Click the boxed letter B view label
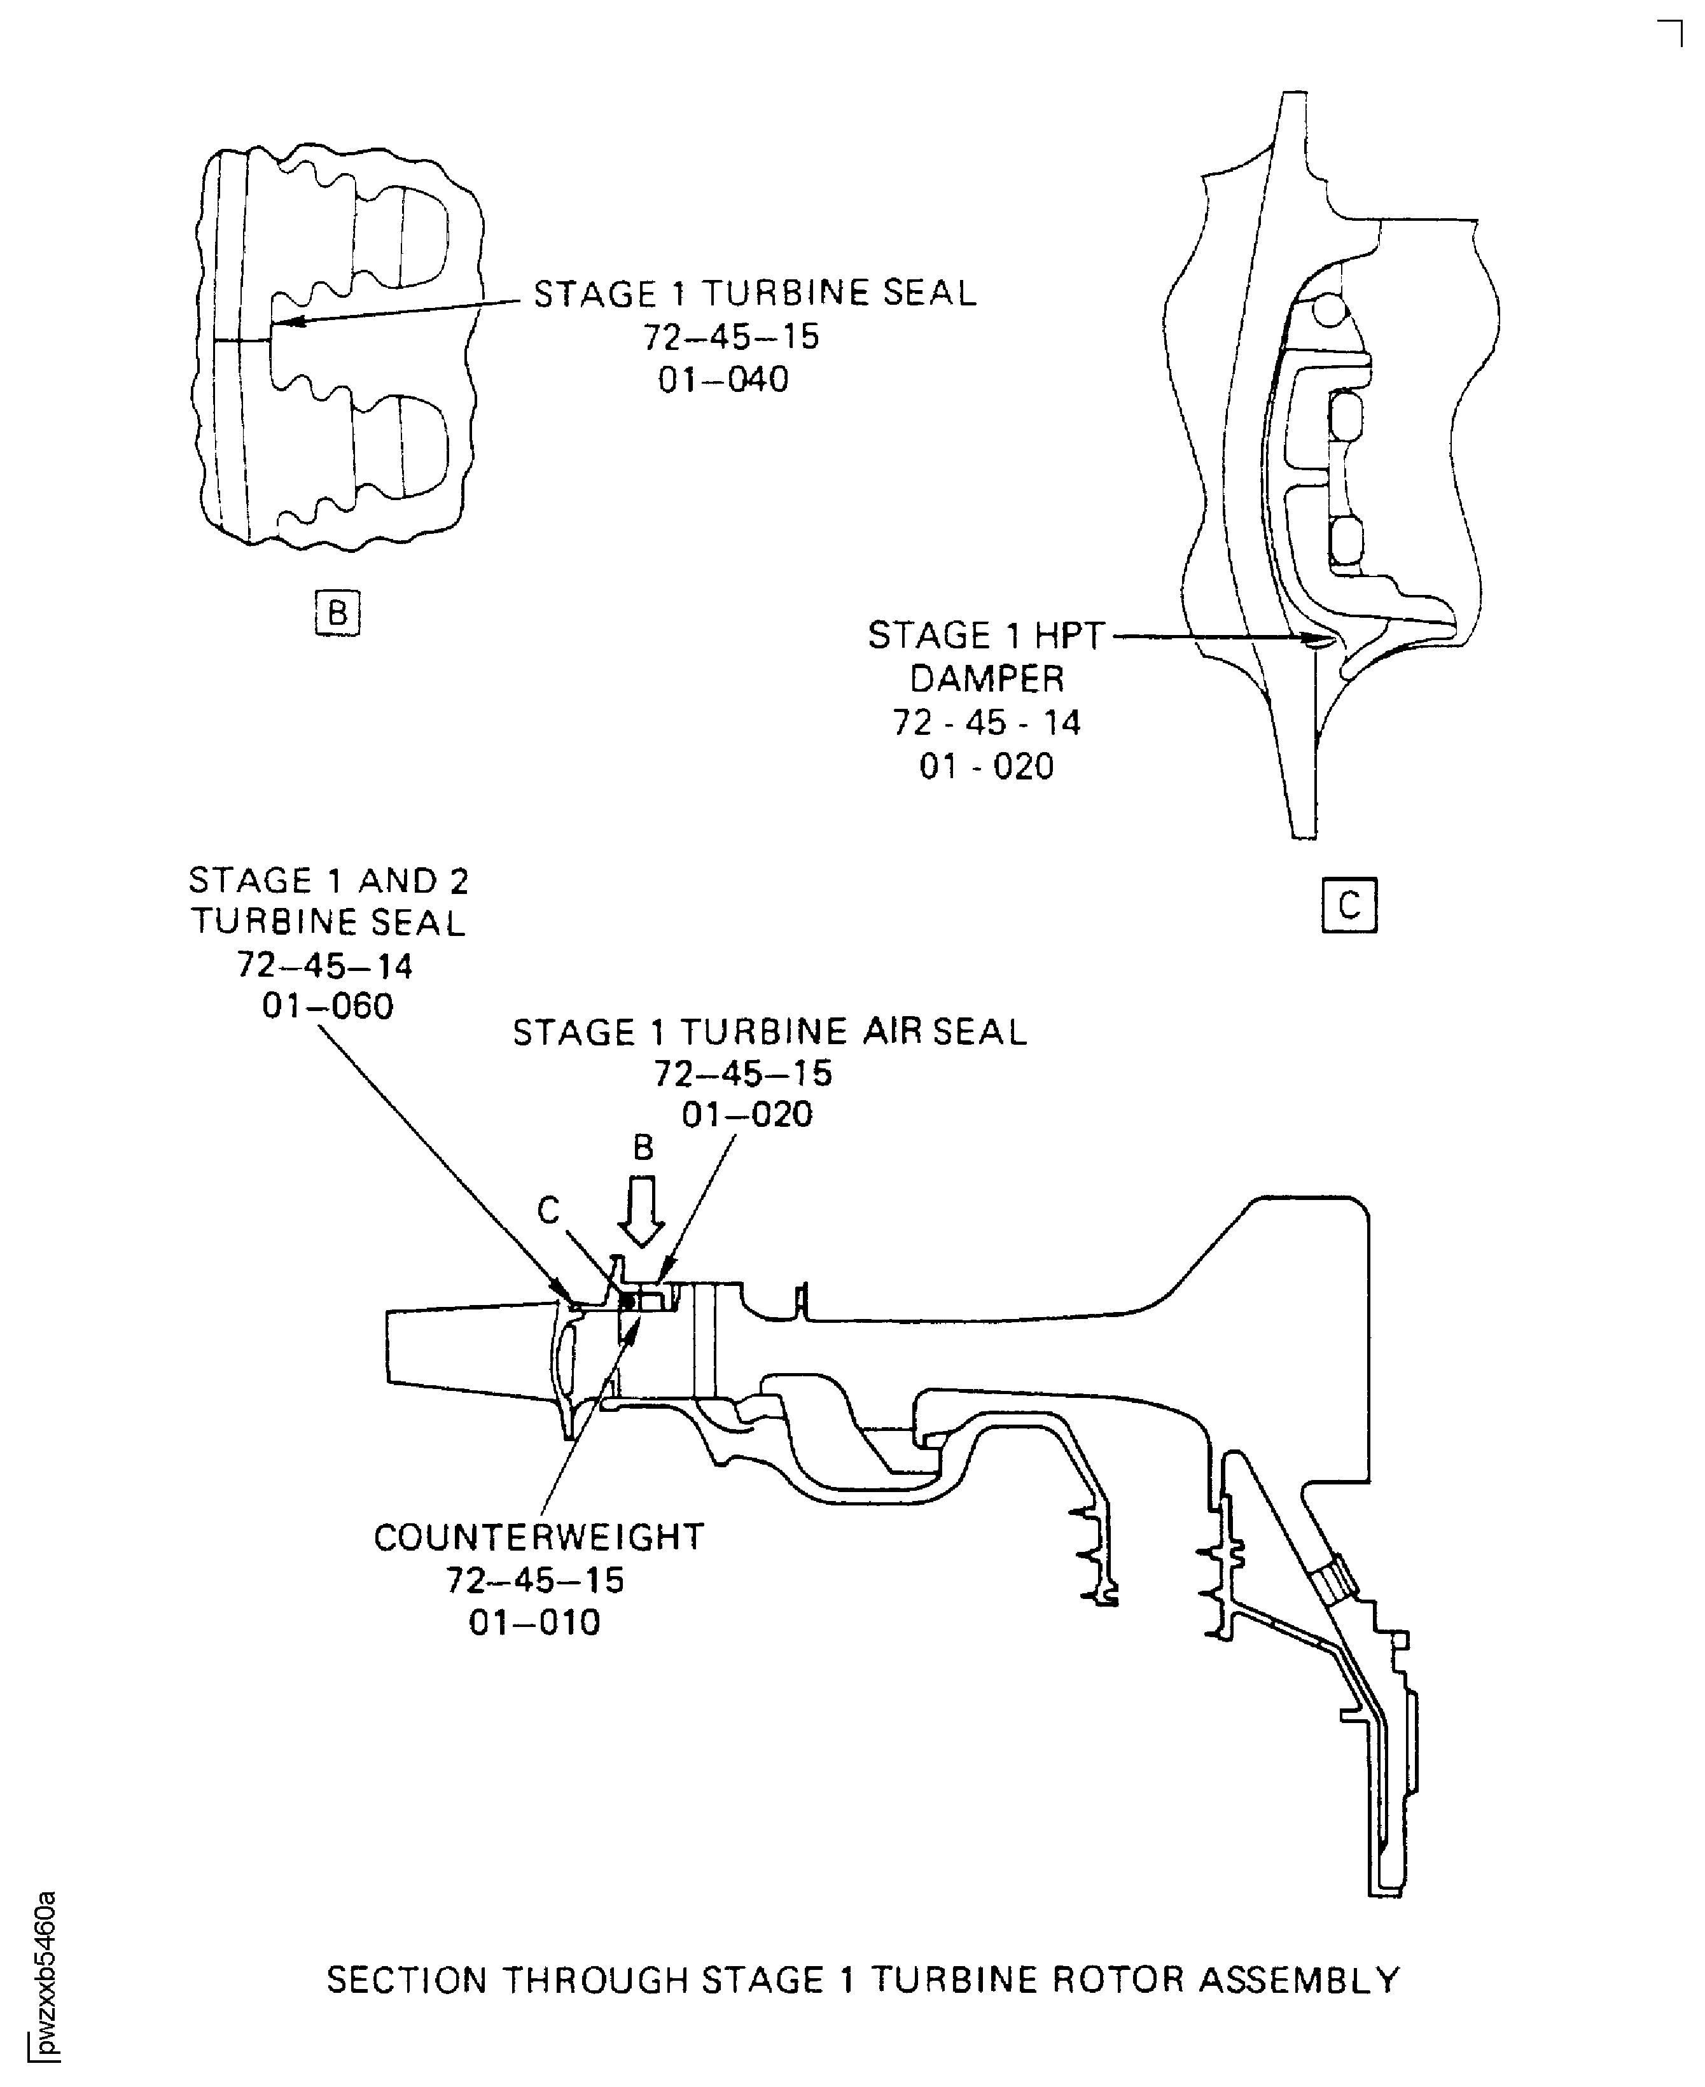(x=337, y=613)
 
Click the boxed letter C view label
(x=1349, y=905)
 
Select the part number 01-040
(x=724, y=379)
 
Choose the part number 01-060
(x=328, y=1006)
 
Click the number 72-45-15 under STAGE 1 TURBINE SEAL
(x=731, y=337)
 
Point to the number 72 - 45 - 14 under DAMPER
(x=986, y=723)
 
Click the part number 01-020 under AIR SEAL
(x=748, y=1115)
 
